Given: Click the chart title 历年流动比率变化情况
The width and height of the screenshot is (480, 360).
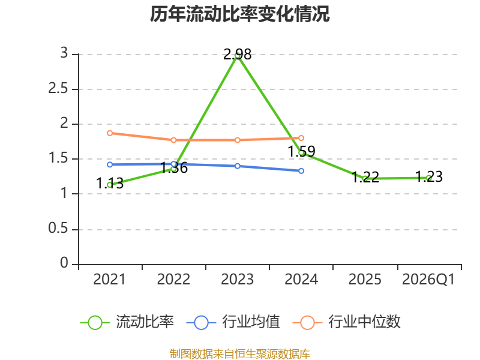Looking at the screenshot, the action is tap(239, 14).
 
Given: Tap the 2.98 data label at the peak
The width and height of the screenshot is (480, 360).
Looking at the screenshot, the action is tap(237, 55).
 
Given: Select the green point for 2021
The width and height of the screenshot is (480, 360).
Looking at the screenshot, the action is tap(110, 185).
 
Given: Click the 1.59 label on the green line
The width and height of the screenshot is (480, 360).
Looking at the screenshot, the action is tap(302, 151).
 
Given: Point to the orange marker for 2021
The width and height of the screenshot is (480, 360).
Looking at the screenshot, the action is tap(110, 133).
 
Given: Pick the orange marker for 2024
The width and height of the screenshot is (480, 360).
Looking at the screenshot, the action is tap(301, 138).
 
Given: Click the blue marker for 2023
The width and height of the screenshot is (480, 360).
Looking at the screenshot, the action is tap(238, 166).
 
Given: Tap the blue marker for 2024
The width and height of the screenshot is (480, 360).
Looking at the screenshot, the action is tap(301, 171).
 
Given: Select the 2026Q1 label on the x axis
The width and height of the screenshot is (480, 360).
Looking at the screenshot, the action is tap(428, 279).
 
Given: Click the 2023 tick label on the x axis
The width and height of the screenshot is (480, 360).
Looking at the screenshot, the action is tap(237, 279).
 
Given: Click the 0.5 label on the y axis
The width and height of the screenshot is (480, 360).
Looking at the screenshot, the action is tap(58, 228).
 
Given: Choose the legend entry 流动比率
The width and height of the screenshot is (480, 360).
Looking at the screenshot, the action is tap(127, 322).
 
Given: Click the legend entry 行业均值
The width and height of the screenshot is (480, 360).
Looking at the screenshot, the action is tap(233, 322).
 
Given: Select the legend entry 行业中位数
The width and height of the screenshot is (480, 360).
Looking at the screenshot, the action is tap(347, 322).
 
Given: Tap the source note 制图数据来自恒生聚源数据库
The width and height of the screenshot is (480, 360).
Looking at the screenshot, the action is tap(240, 354).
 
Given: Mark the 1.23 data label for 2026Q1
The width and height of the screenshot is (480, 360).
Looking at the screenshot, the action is tap(429, 176).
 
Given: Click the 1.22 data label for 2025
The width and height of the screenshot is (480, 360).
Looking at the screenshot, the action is tap(365, 177).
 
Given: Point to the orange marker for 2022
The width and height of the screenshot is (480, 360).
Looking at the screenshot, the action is tap(173, 140).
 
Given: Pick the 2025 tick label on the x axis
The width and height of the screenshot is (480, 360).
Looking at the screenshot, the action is tap(365, 279).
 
